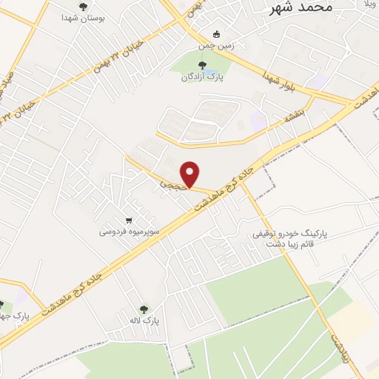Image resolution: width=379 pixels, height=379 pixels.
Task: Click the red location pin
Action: click(x=191, y=174)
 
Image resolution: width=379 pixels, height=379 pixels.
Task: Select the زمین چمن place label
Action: click(x=215, y=45)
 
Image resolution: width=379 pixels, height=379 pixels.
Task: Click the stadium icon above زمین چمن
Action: click(x=216, y=34)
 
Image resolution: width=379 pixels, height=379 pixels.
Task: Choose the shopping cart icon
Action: click(x=130, y=220)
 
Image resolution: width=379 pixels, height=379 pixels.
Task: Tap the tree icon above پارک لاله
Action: click(x=144, y=309)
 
